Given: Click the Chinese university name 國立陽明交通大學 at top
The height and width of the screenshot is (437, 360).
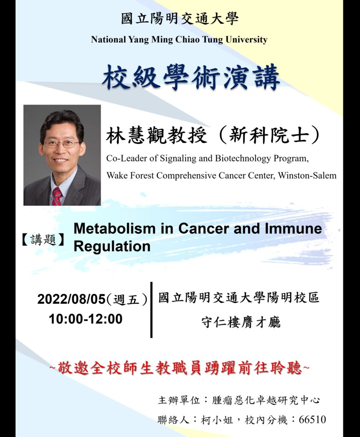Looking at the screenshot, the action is point(180,19).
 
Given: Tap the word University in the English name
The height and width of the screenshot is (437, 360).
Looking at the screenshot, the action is point(246,40).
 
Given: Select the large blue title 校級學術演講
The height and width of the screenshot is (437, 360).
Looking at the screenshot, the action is point(191,77).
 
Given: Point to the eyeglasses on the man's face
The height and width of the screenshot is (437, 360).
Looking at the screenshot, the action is point(62,144).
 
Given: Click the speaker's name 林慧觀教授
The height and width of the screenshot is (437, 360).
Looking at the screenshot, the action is point(156,136).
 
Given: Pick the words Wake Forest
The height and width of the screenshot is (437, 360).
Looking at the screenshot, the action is point(131,175).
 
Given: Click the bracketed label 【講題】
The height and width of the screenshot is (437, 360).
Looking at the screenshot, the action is point(43,239).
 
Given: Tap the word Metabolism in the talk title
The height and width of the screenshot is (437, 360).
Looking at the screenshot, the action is point(114,228).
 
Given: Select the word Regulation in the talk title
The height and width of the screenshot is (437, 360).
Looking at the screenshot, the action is point(112,246).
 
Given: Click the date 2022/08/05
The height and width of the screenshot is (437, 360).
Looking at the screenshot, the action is point(71,299).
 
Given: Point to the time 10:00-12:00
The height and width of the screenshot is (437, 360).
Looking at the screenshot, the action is point(86,319).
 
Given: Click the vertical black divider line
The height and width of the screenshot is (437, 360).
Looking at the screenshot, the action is point(151,310).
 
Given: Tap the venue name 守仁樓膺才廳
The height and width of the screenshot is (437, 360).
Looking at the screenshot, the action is point(241,323).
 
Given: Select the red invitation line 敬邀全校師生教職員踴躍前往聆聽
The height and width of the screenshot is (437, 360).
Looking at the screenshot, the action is point(180,368).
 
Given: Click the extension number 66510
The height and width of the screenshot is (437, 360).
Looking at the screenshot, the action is point(312,420).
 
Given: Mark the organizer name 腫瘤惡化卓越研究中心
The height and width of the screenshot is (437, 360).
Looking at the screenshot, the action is point(266,400).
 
